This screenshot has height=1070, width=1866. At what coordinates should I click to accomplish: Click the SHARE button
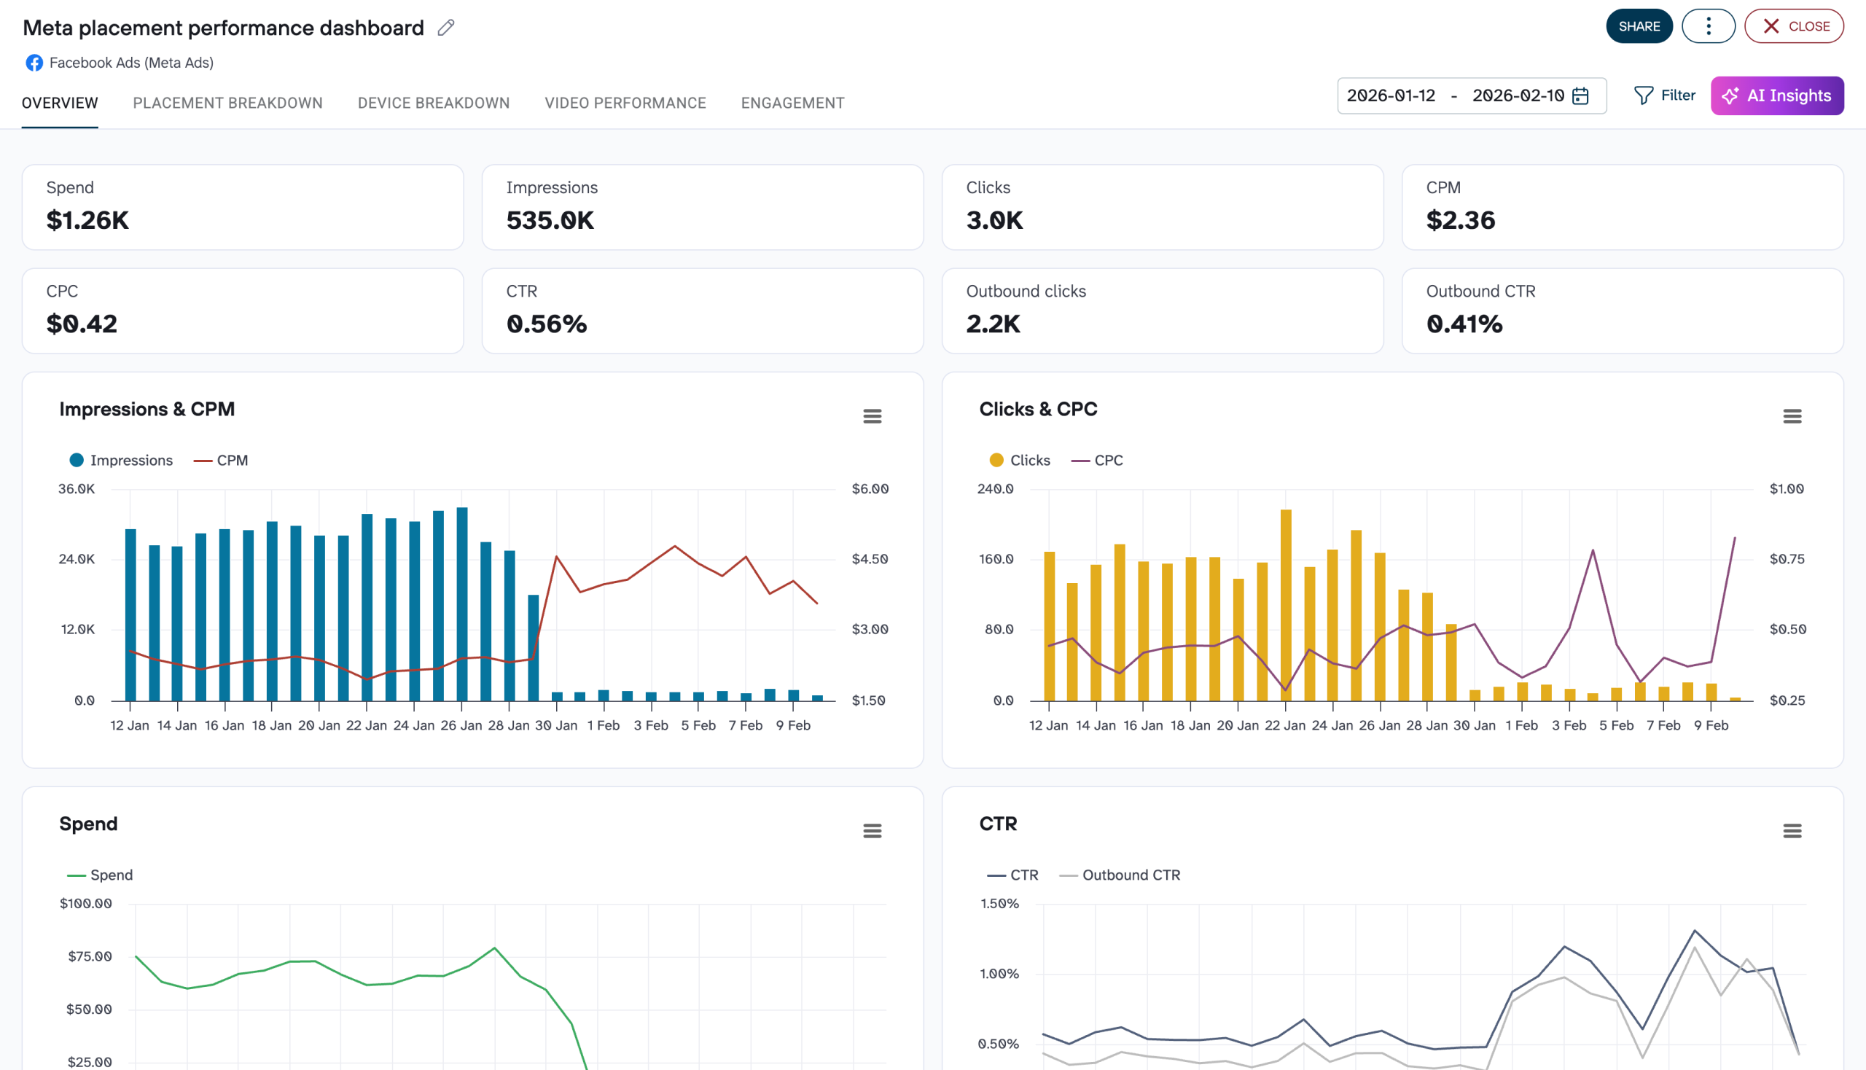click(1638, 26)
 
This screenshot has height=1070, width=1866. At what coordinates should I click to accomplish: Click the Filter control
click(1664, 95)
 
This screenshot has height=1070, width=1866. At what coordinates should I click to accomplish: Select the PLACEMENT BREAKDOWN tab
click(228, 103)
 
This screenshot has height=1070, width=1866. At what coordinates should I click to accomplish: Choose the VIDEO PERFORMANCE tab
click(625, 103)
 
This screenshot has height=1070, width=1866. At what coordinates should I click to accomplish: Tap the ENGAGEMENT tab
click(792, 103)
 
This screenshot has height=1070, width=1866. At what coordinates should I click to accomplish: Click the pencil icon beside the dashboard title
click(446, 28)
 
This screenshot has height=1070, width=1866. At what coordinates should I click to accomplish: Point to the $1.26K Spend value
click(87, 219)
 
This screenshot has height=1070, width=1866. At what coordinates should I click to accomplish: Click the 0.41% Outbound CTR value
click(1463, 324)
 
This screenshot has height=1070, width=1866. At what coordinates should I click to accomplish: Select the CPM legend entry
click(221, 460)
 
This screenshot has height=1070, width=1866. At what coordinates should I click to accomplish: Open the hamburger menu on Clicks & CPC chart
click(1791, 417)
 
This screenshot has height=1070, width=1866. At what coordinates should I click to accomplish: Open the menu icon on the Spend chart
click(872, 831)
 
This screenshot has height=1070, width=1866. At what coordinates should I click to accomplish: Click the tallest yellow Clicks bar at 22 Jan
click(1285, 603)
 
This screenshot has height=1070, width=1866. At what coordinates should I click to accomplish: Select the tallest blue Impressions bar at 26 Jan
click(461, 603)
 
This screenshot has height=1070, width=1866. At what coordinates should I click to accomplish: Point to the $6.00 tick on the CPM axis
click(870, 488)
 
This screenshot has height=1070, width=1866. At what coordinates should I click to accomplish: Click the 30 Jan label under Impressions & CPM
click(555, 725)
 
